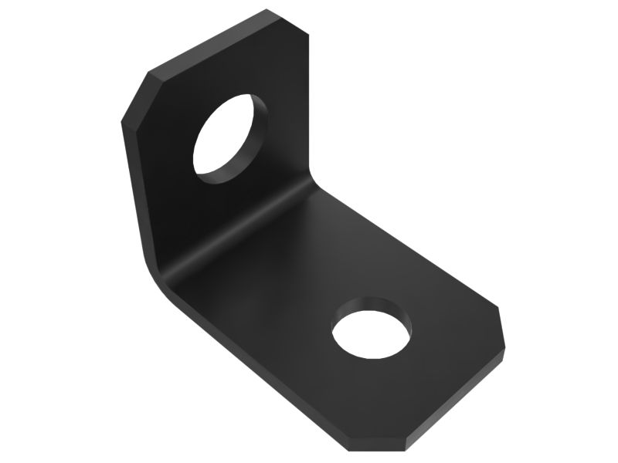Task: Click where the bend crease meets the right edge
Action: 318,185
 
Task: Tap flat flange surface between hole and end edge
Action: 433,363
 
